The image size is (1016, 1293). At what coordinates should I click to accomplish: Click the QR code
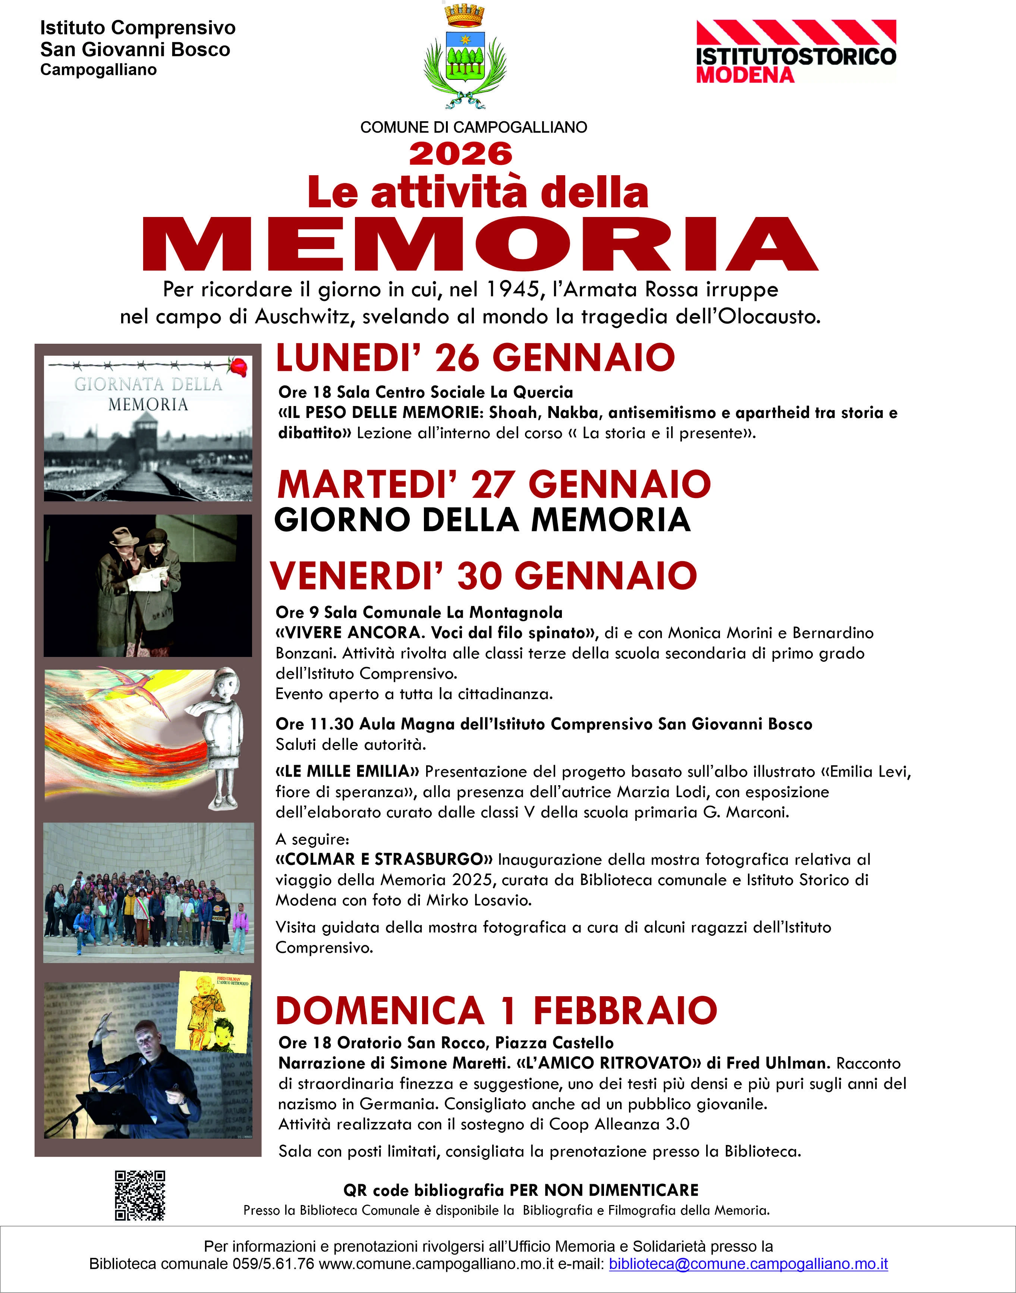(x=140, y=1195)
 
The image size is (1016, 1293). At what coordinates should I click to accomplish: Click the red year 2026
(x=460, y=154)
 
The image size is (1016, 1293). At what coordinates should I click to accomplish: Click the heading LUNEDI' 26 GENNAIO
(x=475, y=358)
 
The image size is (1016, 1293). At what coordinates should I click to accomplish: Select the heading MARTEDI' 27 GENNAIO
(x=494, y=484)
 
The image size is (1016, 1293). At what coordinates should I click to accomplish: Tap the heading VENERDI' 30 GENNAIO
(x=483, y=576)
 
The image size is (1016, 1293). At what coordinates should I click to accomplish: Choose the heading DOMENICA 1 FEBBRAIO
(x=496, y=1010)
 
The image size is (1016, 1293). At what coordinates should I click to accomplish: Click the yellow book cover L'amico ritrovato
(x=214, y=1011)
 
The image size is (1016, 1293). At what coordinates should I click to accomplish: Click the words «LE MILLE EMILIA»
(x=347, y=771)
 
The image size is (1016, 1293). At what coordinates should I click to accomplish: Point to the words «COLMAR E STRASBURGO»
(x=384, y=859)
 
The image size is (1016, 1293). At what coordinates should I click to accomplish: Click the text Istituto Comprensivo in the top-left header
(x=138, y=28)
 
